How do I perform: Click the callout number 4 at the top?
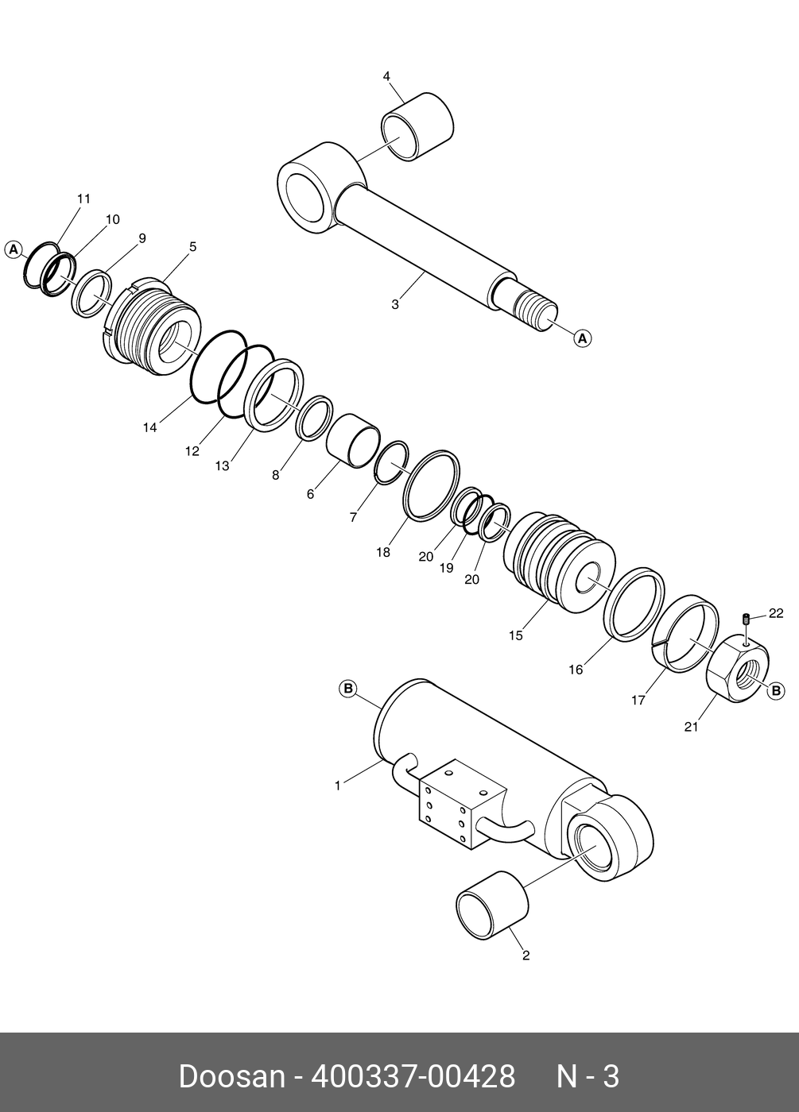(x=386, y=76)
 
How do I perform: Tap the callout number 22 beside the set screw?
(x=776, y=613)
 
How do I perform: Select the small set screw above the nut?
(x=747, y=619)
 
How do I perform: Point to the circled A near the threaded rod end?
(x=583, y=338)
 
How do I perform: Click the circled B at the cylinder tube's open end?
(x=348, y=688)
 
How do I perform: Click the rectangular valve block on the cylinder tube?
(x=461, y=806)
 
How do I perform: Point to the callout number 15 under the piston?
(x=516, y=635)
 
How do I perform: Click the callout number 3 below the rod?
(x=395, y=304)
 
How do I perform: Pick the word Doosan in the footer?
(x=231, y=1077)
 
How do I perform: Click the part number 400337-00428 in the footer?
(x=413, y=1077)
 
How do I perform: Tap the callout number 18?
(x=383, y=552)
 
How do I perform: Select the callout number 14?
(x=150, y=427)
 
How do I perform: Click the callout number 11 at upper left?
(x=83, y=199)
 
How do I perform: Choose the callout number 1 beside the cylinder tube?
(x=337, y=786)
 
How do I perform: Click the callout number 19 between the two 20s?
(x=446, y=568)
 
